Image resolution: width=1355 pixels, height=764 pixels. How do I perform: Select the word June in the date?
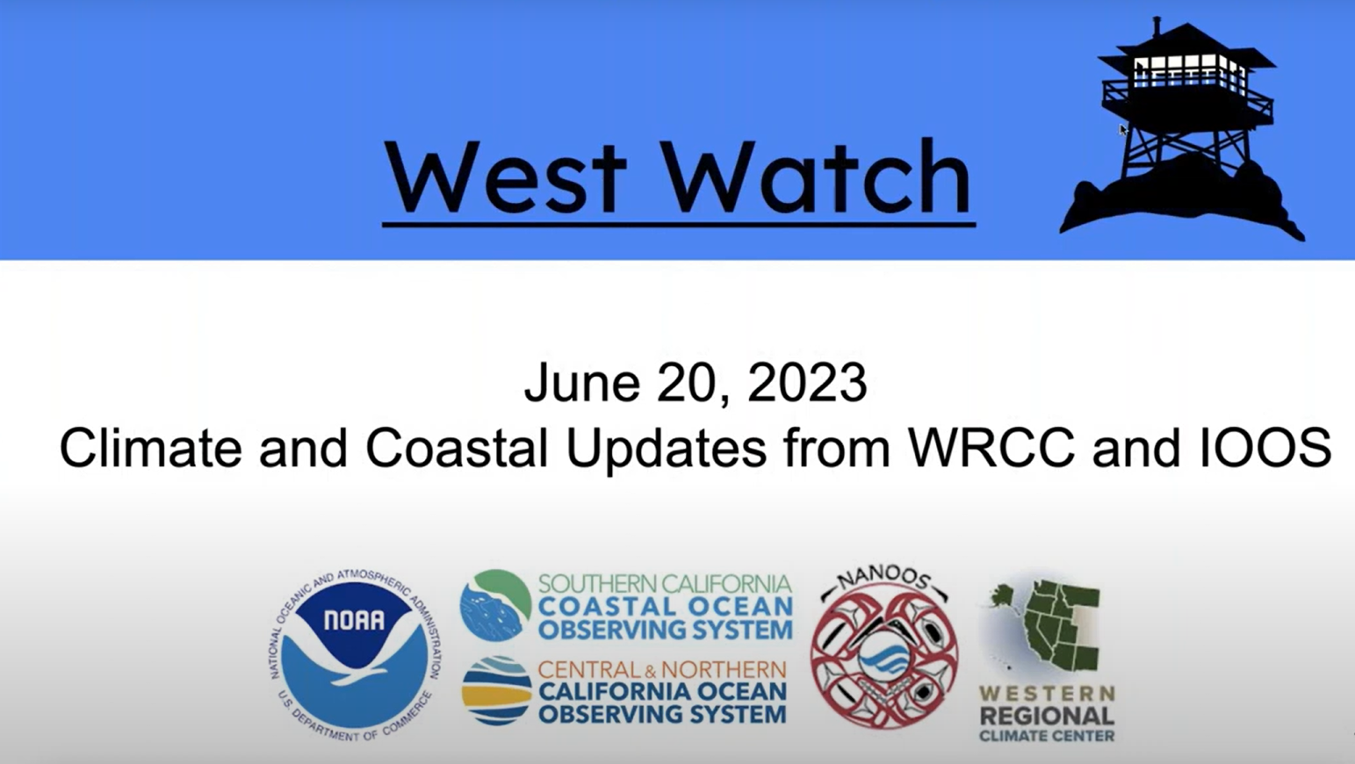point(582,382)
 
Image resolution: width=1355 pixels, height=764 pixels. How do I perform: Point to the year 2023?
point(807,382)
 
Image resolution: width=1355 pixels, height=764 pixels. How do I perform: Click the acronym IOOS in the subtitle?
point(1265,448)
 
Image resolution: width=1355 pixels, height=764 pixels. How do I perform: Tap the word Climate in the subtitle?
point(151,448)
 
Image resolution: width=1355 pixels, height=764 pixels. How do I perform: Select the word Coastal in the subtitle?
point(457,448)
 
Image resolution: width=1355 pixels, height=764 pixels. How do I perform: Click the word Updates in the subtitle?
point(667,451)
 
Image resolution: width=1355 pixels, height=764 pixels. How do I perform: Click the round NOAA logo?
point(355,656)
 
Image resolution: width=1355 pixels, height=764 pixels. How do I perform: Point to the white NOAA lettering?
point(355,619)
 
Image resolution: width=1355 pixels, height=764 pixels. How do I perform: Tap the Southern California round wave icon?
point(495,605)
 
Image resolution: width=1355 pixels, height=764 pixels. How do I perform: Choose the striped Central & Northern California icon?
point(497,691)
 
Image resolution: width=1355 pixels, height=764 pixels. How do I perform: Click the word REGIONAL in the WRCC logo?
point(1047,717)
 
